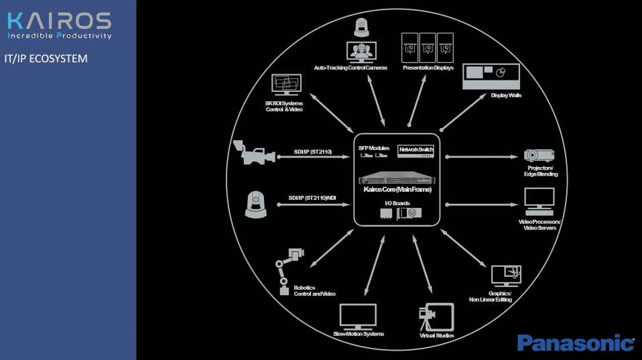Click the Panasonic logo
click(x=575, y=343)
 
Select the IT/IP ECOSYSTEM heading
click(x=46, y=58)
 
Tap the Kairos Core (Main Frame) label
click(x=397, y=190)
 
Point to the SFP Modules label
click(x=373, y=147)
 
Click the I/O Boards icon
click(x=401, y=213)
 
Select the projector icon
click(x=539, y=155)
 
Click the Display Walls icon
click(x=491, y=76)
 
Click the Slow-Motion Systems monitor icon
click(x=358, y=316)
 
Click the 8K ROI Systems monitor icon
click(x=286, y=86)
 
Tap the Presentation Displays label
click(x=428, y=68)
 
